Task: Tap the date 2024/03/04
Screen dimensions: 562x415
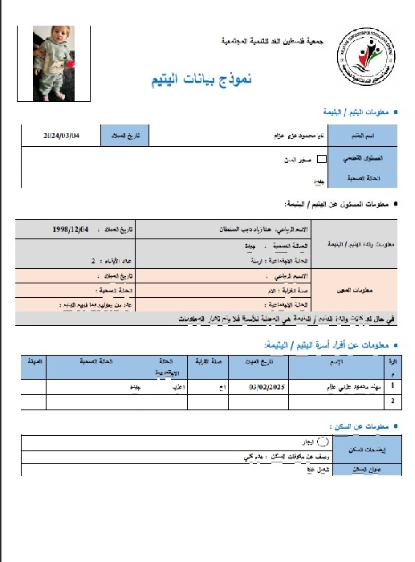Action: coord(62,136)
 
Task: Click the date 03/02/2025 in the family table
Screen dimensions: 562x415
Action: coord(246,387)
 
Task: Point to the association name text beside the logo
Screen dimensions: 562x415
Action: coord(271,40)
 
